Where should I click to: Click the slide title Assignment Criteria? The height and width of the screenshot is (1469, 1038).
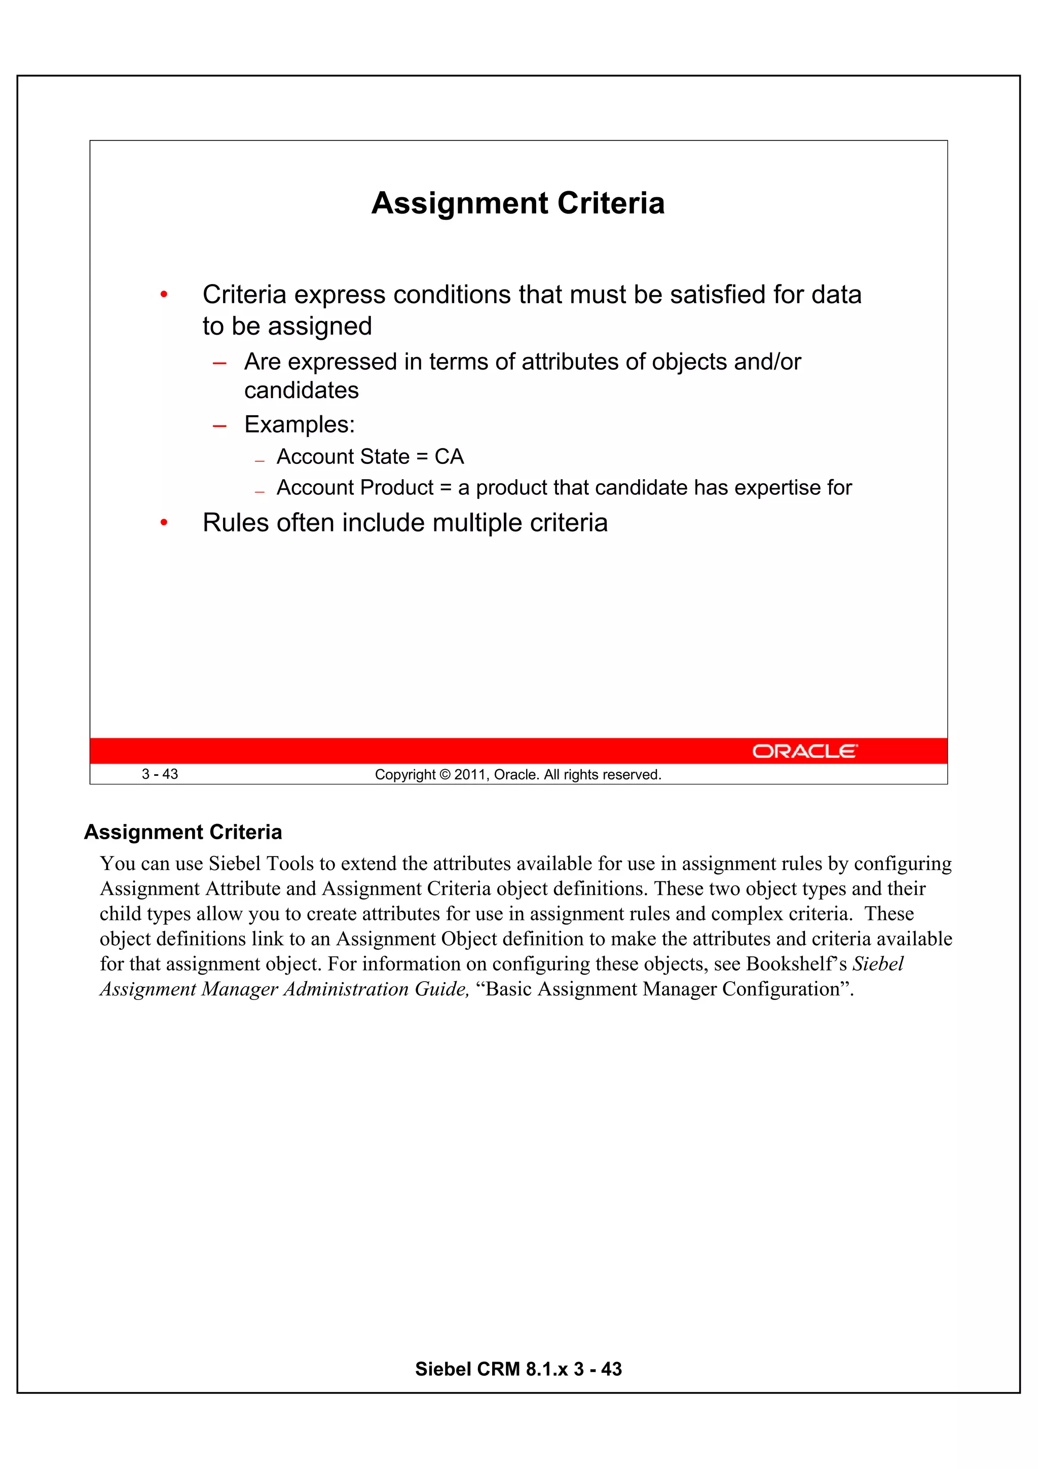coord(517,203)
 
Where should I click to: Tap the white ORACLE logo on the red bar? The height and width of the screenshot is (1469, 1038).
coord(804,751)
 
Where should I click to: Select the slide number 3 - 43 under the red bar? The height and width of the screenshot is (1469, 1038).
coord(160,774)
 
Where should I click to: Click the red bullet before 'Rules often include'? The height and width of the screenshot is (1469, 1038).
coord(164,523)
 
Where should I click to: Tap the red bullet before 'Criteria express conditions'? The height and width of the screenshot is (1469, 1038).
coord(164,295)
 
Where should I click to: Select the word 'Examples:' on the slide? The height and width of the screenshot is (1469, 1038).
coord(300,425)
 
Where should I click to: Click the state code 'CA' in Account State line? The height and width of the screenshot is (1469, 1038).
coord(449,457)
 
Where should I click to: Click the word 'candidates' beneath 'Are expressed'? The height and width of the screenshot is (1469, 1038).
coord(301,390)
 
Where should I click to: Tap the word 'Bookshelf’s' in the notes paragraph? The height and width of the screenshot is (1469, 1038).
coord(796,963)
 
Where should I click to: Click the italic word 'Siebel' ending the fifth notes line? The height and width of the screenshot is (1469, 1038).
coord(878,963)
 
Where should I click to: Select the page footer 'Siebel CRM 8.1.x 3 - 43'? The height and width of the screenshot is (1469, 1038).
coord(518,1369)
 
